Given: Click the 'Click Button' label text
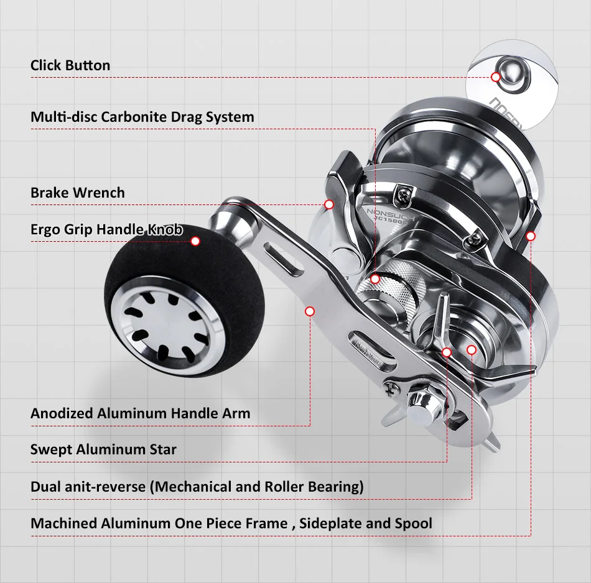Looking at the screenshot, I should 70,65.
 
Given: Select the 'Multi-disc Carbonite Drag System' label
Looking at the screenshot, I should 142,117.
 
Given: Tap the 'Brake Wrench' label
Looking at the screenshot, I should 77,193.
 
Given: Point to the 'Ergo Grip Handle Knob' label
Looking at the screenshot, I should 106,230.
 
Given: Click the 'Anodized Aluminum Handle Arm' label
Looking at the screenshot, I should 140,413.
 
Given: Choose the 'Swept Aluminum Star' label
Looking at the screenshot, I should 103,449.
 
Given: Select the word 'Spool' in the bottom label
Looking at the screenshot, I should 413,523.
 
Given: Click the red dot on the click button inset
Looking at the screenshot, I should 496,77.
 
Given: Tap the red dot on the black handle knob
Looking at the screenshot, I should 195,241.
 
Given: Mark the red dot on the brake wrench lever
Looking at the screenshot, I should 329,204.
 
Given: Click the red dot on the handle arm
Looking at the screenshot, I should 310,311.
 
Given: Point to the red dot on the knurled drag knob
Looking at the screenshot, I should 375,280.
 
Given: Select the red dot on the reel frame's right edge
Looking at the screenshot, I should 531,236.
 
